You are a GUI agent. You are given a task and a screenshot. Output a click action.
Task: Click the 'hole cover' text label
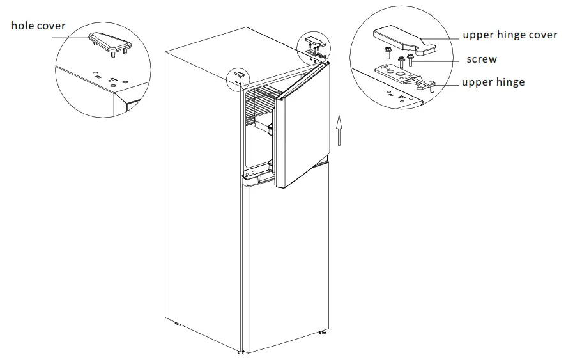pos(38,26)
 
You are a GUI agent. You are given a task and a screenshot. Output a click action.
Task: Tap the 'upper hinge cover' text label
pos(510,35)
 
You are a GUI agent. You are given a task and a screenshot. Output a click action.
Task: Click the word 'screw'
pos(482,59)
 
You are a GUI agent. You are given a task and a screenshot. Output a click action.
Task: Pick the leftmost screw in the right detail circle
pos(387,57)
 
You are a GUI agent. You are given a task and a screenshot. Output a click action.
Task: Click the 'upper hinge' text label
pos(493,82)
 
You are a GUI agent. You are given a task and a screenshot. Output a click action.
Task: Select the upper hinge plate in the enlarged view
pos(402,75)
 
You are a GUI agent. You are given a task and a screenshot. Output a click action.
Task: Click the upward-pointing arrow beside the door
pos(339,131)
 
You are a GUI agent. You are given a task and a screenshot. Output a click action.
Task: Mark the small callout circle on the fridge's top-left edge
pos(239,77)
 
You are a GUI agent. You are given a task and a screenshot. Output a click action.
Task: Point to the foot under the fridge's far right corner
pos(324,332)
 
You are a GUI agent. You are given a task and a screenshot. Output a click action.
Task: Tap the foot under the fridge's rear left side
pos(178,324)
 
